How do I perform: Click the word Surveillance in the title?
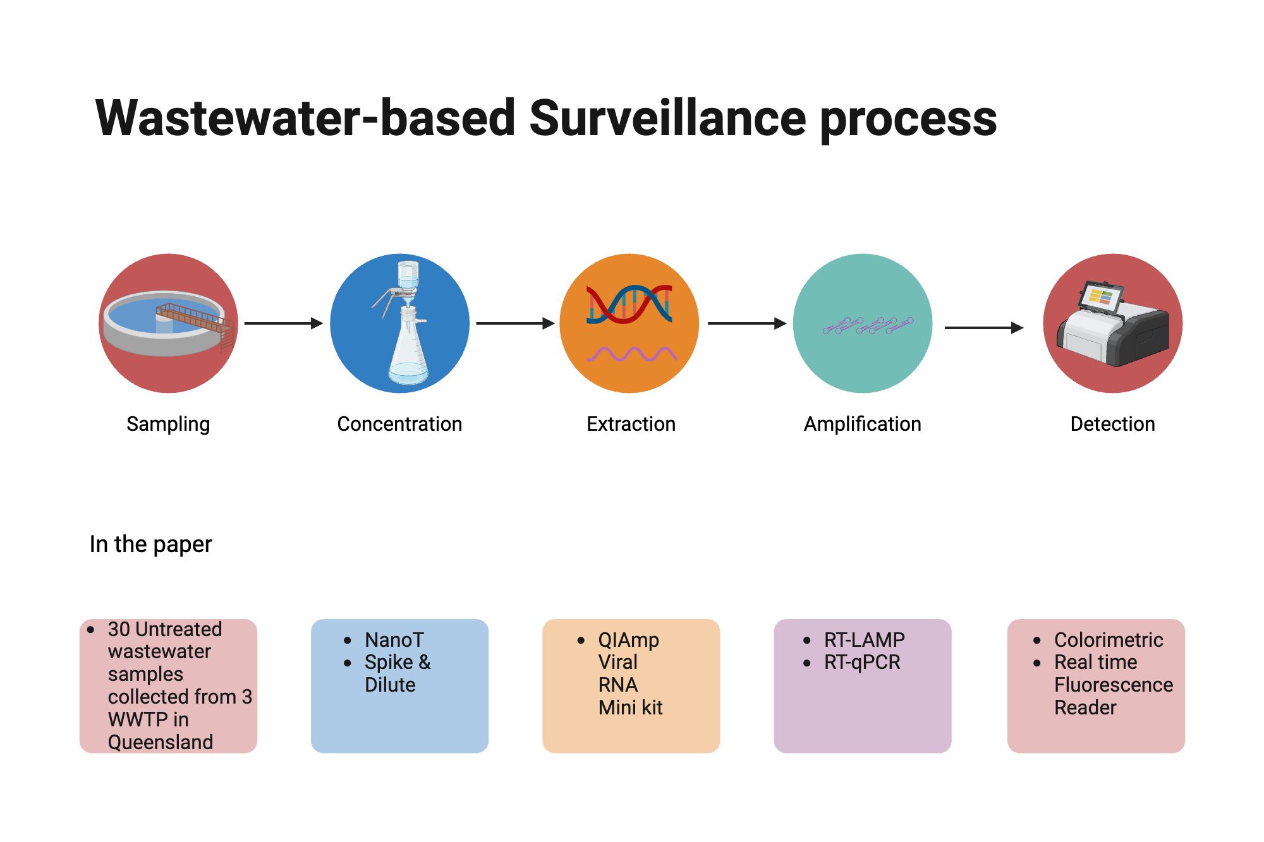(x=667, y=118)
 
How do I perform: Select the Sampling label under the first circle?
(x=168, y=424)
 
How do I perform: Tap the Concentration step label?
(x=399, y=424)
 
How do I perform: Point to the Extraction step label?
(x=631, y=424)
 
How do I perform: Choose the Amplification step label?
(x=862, y=424)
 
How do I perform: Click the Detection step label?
(x=1112, y=424)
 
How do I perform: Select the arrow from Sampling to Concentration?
(x=283, y=323)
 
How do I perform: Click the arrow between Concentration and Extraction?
(x=514, y=323)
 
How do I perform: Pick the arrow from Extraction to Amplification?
(x=746, y=323)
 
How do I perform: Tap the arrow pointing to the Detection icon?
(x=983, y=328)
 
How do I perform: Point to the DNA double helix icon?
(x=629, y=304)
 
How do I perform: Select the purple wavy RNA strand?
(x=631, y=354)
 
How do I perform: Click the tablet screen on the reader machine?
(x=1100, y=297)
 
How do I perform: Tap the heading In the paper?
(x=150, y=544)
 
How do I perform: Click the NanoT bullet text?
(x=394, y=640)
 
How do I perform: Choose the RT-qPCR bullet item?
(x=861, y=663)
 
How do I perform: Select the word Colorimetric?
(x=1108, y=640)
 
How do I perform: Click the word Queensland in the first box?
(x=161, y=742)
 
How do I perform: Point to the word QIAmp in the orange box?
(x=628, y=640)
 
